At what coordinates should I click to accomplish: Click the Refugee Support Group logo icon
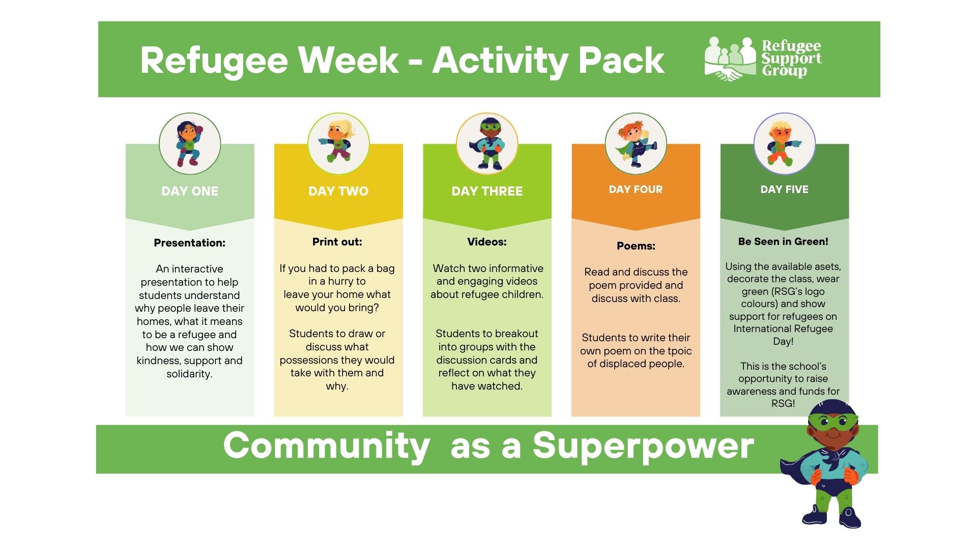pos(730,59)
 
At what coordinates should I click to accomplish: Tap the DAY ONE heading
pos(190,191)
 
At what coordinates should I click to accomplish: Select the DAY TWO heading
pos(338,191)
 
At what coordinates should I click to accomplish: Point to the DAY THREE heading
pos(487,191)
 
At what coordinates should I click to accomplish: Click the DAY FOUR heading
pos(636,189)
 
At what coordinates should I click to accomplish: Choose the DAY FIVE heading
pos(784,189)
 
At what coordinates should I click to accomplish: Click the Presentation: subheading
pos(189,243)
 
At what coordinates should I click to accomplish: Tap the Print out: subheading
pos(337,242)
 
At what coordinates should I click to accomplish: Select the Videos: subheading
pos(487,242)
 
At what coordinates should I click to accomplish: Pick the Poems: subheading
pos(636,246)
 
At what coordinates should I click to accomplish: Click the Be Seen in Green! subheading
pos(783,241)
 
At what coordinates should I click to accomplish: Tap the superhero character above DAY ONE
pos(189,144)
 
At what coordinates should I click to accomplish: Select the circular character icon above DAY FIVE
pos(784,144)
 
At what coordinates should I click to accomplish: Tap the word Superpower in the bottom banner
pos(643,446)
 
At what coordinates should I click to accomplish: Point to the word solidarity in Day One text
pos(189,374)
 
